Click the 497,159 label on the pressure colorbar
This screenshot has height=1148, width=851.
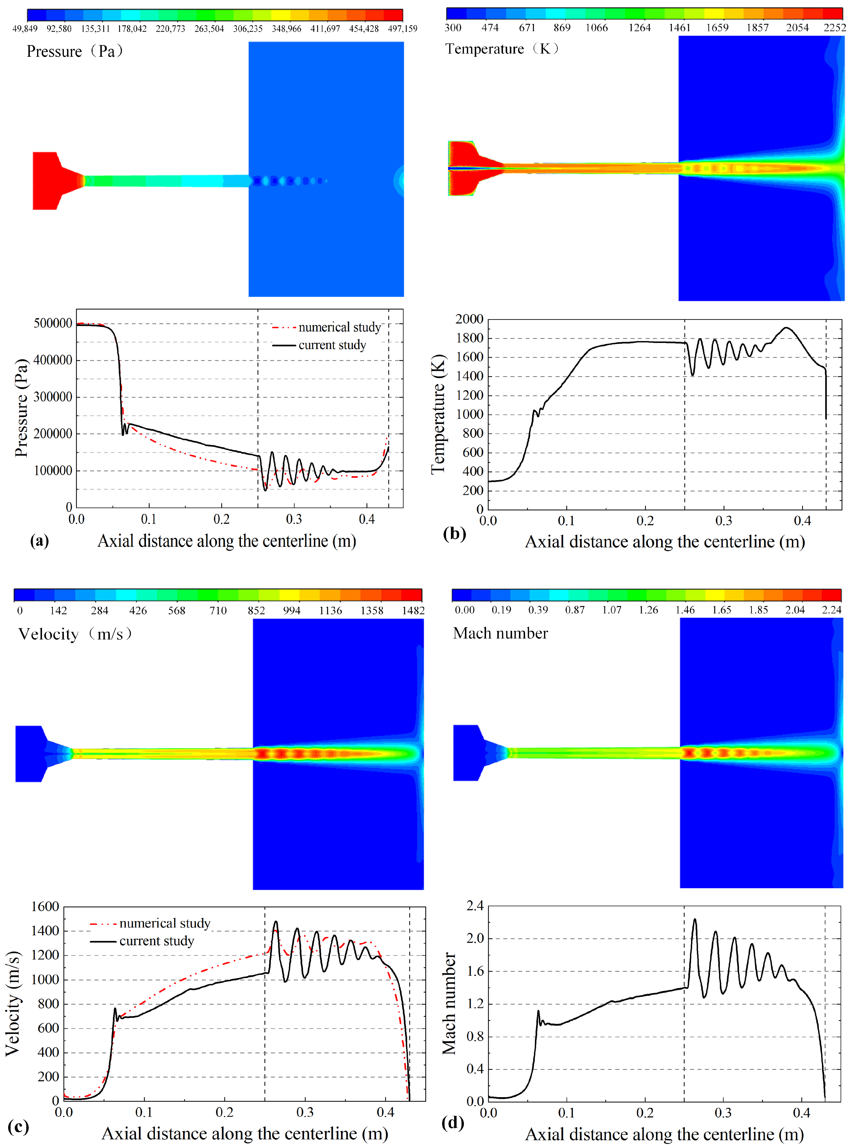click(x=402, y=28)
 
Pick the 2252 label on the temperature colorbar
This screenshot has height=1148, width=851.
click(x=834, y=27)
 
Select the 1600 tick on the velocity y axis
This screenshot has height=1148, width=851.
click(x=45, y=906)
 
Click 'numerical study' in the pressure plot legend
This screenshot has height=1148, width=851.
click(x=339, y=327)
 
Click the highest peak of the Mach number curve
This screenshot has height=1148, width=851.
click(x=694, y=919)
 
